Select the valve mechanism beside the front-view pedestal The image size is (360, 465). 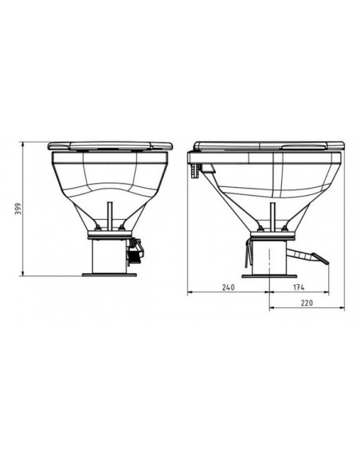pos(135,252)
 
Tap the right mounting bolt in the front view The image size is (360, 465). pos(121,229)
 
